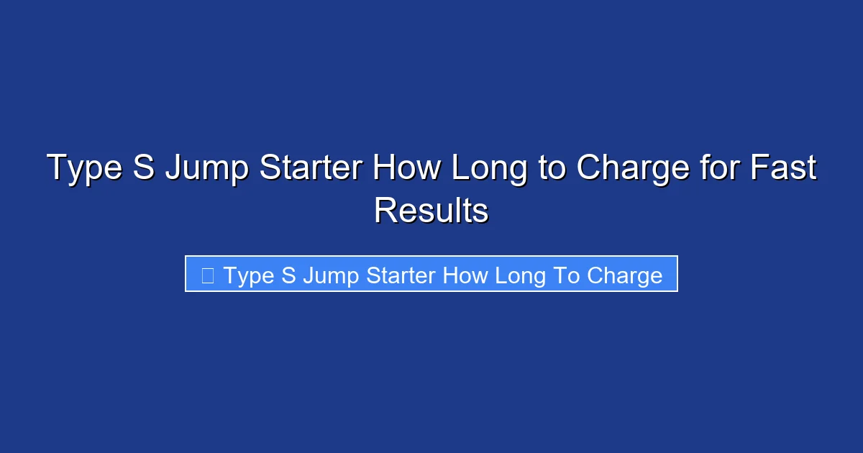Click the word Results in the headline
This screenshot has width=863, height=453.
pos(431,211)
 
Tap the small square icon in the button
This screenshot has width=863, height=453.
pos(207,275)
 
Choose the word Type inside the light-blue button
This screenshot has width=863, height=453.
pos(248,276)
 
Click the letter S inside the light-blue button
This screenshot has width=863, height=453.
pos(288,275)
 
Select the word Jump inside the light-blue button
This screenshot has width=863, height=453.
pos(327,276)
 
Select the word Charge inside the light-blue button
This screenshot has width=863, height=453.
pos(624,276)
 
